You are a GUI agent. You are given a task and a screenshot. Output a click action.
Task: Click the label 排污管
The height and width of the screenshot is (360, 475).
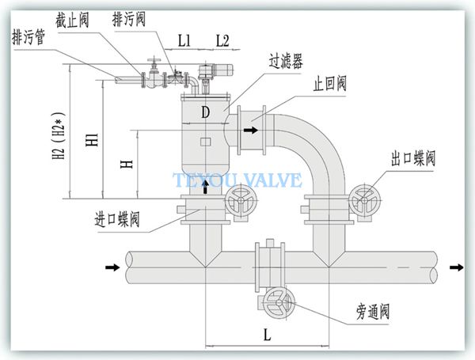[28, 37]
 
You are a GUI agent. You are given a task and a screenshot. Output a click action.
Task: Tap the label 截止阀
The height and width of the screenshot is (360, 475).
[72, 21]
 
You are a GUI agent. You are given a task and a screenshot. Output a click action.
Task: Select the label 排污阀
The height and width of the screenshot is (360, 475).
[129, 19]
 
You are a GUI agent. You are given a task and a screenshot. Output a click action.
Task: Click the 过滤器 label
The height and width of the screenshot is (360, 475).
[286, 61]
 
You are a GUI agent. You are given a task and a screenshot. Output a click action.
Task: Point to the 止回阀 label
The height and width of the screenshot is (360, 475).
[330, 83]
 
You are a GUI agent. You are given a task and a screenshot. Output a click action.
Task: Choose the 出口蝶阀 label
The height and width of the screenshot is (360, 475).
[413, 157]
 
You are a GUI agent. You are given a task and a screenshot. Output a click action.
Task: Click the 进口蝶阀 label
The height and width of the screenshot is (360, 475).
[117, 219]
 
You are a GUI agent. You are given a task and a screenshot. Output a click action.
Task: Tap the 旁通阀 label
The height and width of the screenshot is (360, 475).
[373, 312]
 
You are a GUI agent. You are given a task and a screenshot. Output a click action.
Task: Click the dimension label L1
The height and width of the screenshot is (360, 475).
[184, 40]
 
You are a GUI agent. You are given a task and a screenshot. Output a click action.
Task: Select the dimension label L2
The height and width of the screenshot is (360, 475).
[222, 40]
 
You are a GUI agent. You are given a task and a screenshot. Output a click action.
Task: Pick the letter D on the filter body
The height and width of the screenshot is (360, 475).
[206, 112]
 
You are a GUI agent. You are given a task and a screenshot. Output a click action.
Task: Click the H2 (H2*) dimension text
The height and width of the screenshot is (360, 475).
[59, 135]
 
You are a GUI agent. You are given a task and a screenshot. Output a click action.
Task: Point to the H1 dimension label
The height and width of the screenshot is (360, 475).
[92, 139]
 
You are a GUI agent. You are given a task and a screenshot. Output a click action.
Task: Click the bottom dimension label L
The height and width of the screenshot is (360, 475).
[267, 335]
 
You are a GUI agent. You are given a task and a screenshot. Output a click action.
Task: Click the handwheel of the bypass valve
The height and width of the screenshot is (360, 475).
[279, 302]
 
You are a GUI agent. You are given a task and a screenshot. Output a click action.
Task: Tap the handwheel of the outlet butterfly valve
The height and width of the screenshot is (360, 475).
[365, 200]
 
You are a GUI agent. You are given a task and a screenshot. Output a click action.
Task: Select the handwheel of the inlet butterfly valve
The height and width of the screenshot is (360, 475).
[241, 200]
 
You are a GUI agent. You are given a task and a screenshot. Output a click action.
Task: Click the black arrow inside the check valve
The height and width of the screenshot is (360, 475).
[251, 131]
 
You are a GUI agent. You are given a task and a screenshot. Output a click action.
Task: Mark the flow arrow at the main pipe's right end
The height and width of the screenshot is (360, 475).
[457, 267]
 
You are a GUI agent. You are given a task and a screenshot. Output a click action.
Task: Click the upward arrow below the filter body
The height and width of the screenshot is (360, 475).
[206, 187]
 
